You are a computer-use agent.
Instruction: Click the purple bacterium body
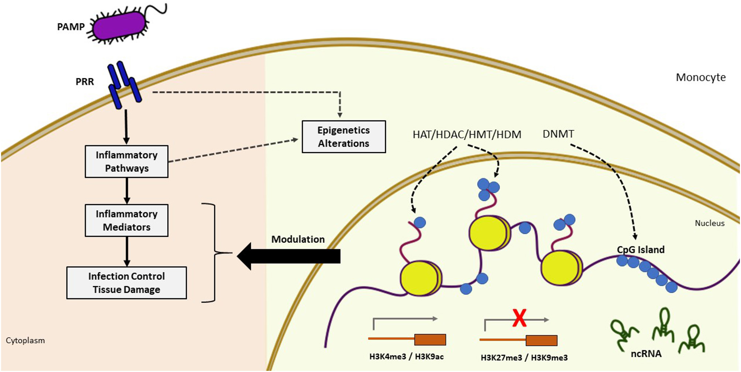pos(119,26)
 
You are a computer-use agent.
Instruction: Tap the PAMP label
pos(71,27)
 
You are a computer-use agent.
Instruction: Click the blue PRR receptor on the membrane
pos(124,85)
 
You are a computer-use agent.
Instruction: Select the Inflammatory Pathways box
pos(127,161)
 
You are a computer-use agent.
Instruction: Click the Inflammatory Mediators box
pos(127,220)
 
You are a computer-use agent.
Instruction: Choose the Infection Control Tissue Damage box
pos(127,283)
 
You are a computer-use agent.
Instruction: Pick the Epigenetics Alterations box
pos(344,137)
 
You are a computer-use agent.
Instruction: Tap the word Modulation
pos(298,239)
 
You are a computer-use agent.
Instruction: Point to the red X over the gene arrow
pos(519,318)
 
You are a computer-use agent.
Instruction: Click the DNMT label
pos(558,134)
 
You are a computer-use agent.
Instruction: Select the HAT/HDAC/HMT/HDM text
pos(467,134)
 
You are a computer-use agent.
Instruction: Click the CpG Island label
pos(641,250)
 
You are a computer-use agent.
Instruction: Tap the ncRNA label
pos(646,354)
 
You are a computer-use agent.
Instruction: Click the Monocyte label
pos(700,77)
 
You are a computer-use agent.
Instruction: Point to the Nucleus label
pos(709,223)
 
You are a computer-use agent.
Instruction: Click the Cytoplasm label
pos(25,340)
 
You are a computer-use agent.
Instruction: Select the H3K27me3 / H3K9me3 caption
pos(524,358)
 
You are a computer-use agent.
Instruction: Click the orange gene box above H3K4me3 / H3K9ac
pos(430,339)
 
